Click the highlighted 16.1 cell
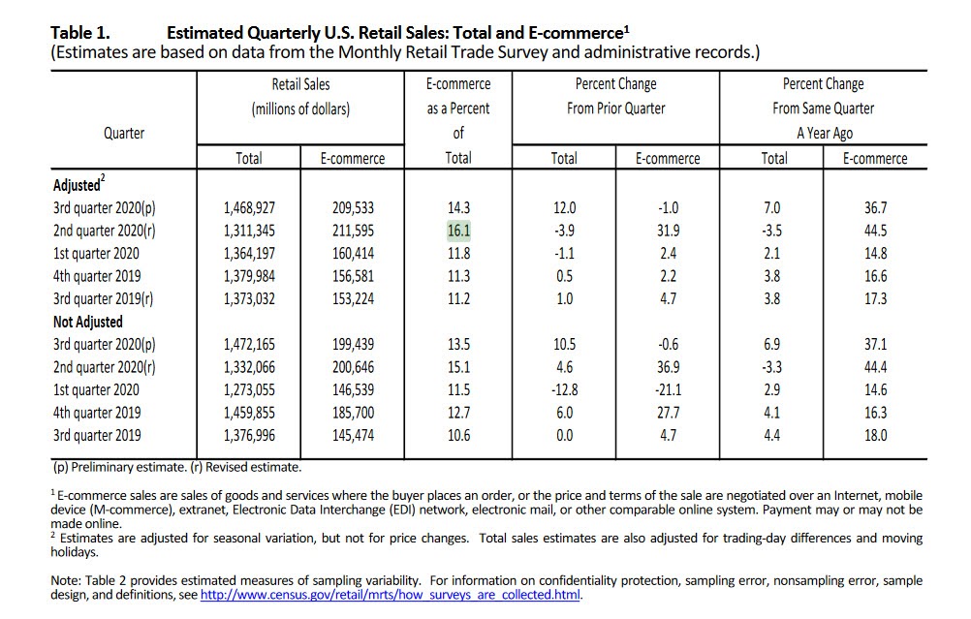[x=457, y=231]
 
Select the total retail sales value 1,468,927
[x=249, y=208]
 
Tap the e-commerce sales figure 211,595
[x=352, y=231]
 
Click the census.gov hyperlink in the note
[x=390, y=595]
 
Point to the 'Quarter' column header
[x=124, y=133]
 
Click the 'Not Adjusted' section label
[x=88, y=322]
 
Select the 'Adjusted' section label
[x=78, y=185]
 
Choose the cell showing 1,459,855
[x=249, y=413]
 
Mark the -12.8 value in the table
[x=564, y=389]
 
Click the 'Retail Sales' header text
[x=301, y=84]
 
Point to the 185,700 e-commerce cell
[x=352, y=413]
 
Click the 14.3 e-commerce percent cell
[x=457, y=208]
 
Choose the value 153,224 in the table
[x=352, y=298]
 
